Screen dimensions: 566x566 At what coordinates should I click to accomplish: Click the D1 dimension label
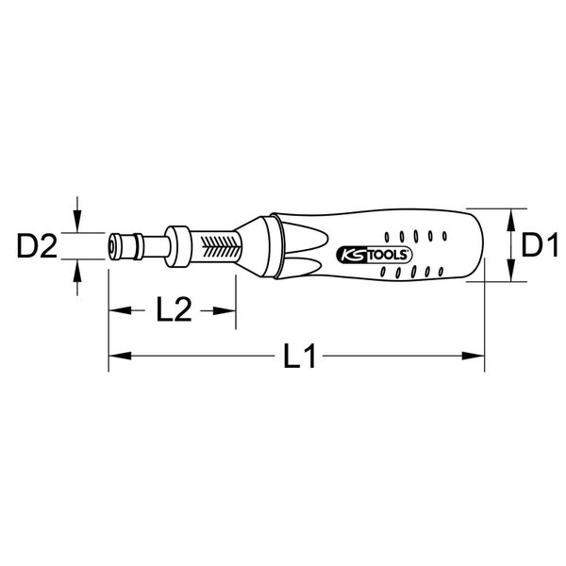539,246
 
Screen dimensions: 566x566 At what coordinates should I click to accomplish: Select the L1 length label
300,357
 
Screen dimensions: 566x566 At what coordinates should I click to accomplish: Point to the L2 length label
173,310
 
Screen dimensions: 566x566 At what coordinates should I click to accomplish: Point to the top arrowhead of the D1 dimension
510,215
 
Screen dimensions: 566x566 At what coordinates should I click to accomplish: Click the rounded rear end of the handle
477,247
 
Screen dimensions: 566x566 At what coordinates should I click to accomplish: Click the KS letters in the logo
346,254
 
